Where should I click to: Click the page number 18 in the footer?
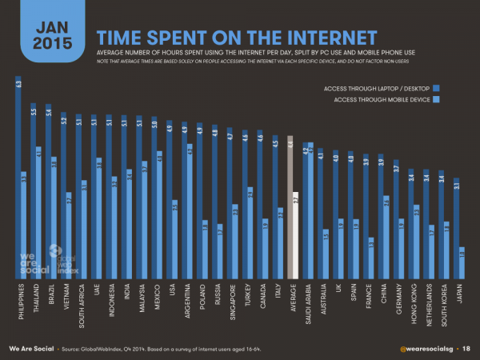coord(466,349)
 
